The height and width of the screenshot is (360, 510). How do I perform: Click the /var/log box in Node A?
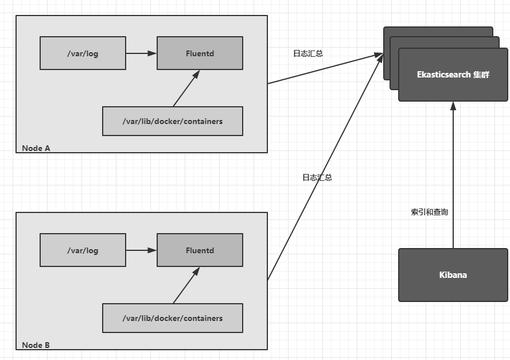coord(83,53)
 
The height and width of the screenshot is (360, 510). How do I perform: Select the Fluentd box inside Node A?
coord(200,53)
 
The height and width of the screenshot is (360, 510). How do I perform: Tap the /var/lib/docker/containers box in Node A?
coord(172,121)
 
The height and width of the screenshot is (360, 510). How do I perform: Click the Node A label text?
coord(36,148)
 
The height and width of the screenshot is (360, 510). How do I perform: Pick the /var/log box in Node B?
coord(83,250)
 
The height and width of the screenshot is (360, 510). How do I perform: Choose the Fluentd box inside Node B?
coord(200,250)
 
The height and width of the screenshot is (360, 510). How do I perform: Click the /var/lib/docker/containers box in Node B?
coord(172,318)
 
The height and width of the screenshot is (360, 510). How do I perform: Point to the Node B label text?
coord(36,345)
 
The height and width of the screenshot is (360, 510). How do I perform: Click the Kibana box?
coord(453,275)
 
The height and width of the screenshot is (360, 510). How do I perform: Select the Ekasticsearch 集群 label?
coord(453,75)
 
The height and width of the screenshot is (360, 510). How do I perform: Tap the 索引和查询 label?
coord(429,212)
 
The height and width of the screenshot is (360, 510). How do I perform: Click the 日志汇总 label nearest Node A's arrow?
coord(308,53)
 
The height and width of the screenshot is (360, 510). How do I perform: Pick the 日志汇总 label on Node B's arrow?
coord(317,177)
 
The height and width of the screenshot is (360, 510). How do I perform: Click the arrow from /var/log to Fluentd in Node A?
coord(141,53)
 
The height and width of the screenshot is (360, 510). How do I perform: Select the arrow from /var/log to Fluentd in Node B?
coord(141,250)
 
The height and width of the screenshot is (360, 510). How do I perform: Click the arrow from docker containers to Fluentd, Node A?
coord(186,89)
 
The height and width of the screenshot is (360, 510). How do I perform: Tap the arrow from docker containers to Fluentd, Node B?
coord(186,286)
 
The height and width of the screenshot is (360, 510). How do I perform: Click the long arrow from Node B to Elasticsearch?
coord(325,167)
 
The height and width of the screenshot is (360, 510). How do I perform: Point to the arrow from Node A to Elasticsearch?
coord(325,68)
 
